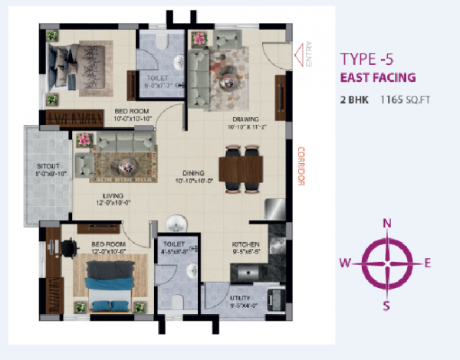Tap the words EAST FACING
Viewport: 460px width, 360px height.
click(378, 77)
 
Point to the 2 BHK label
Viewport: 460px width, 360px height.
click(353, 100)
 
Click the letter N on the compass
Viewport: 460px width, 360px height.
click(387, 223)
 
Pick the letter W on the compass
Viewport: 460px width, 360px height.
click(346, 263)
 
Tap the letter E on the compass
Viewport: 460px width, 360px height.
click(428, 263)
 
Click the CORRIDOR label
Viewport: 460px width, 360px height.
click(301, 166)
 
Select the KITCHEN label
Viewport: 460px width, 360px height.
click(247, 245)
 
